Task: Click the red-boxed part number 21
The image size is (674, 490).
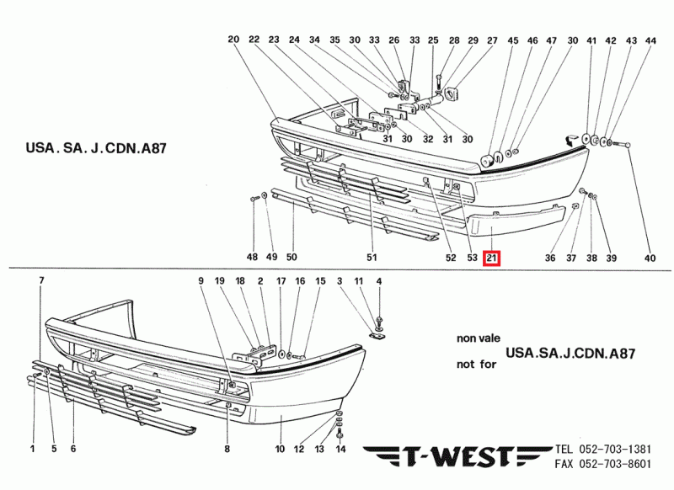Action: [x=492, y=258]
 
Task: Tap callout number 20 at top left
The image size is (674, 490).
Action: [x=233, y=40]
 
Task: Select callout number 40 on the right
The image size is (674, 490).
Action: [x=649, y=258]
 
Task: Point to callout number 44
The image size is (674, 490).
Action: [x=650, y=40]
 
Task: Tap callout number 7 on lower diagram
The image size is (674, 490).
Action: [x=41, y=280]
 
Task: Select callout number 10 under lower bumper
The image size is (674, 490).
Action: [x=280, y=450]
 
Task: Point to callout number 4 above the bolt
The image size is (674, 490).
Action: [x=379, y=280]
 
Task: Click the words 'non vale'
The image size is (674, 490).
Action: [x=477, y=338]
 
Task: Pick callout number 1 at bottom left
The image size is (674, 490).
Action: [x=33, y=450]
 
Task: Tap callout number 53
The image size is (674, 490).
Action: [x=472, y=258]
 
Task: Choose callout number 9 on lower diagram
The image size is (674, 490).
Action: [x=201, y=280]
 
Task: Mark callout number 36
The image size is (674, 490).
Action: [x=550, y=258]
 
